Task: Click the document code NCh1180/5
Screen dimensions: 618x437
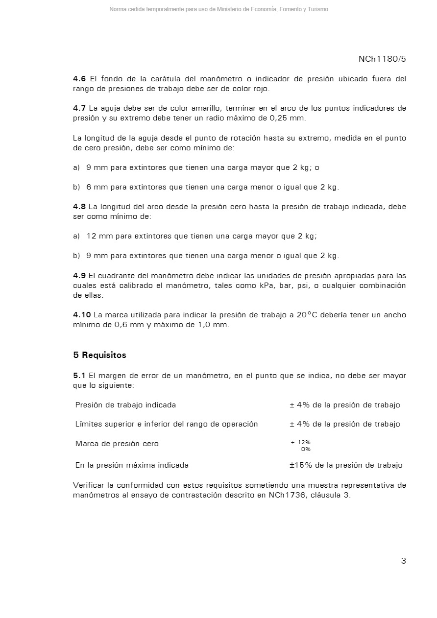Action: tap(382, 59)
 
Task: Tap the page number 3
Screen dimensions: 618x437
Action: tap(403, 561)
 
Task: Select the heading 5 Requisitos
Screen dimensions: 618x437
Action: tap(99, 355)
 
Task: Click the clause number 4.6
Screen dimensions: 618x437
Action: tap(79, 79)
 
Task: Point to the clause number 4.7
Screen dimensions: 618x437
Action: tap(79, 108)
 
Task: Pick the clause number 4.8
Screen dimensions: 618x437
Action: tap(79, 207)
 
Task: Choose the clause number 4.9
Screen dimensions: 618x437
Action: tap(79, 276)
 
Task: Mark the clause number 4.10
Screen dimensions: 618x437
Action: tap(82, 315)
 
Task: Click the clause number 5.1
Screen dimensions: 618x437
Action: tap(79, 376)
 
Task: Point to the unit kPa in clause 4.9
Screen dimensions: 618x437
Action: tap(268, 285)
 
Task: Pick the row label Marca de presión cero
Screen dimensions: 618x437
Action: tap(117, 444)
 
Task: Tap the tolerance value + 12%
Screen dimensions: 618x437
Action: tap(301, 442)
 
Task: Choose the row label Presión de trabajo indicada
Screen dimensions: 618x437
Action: tap(125, 405)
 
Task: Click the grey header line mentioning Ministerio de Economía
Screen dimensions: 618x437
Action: tap(218, 9)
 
